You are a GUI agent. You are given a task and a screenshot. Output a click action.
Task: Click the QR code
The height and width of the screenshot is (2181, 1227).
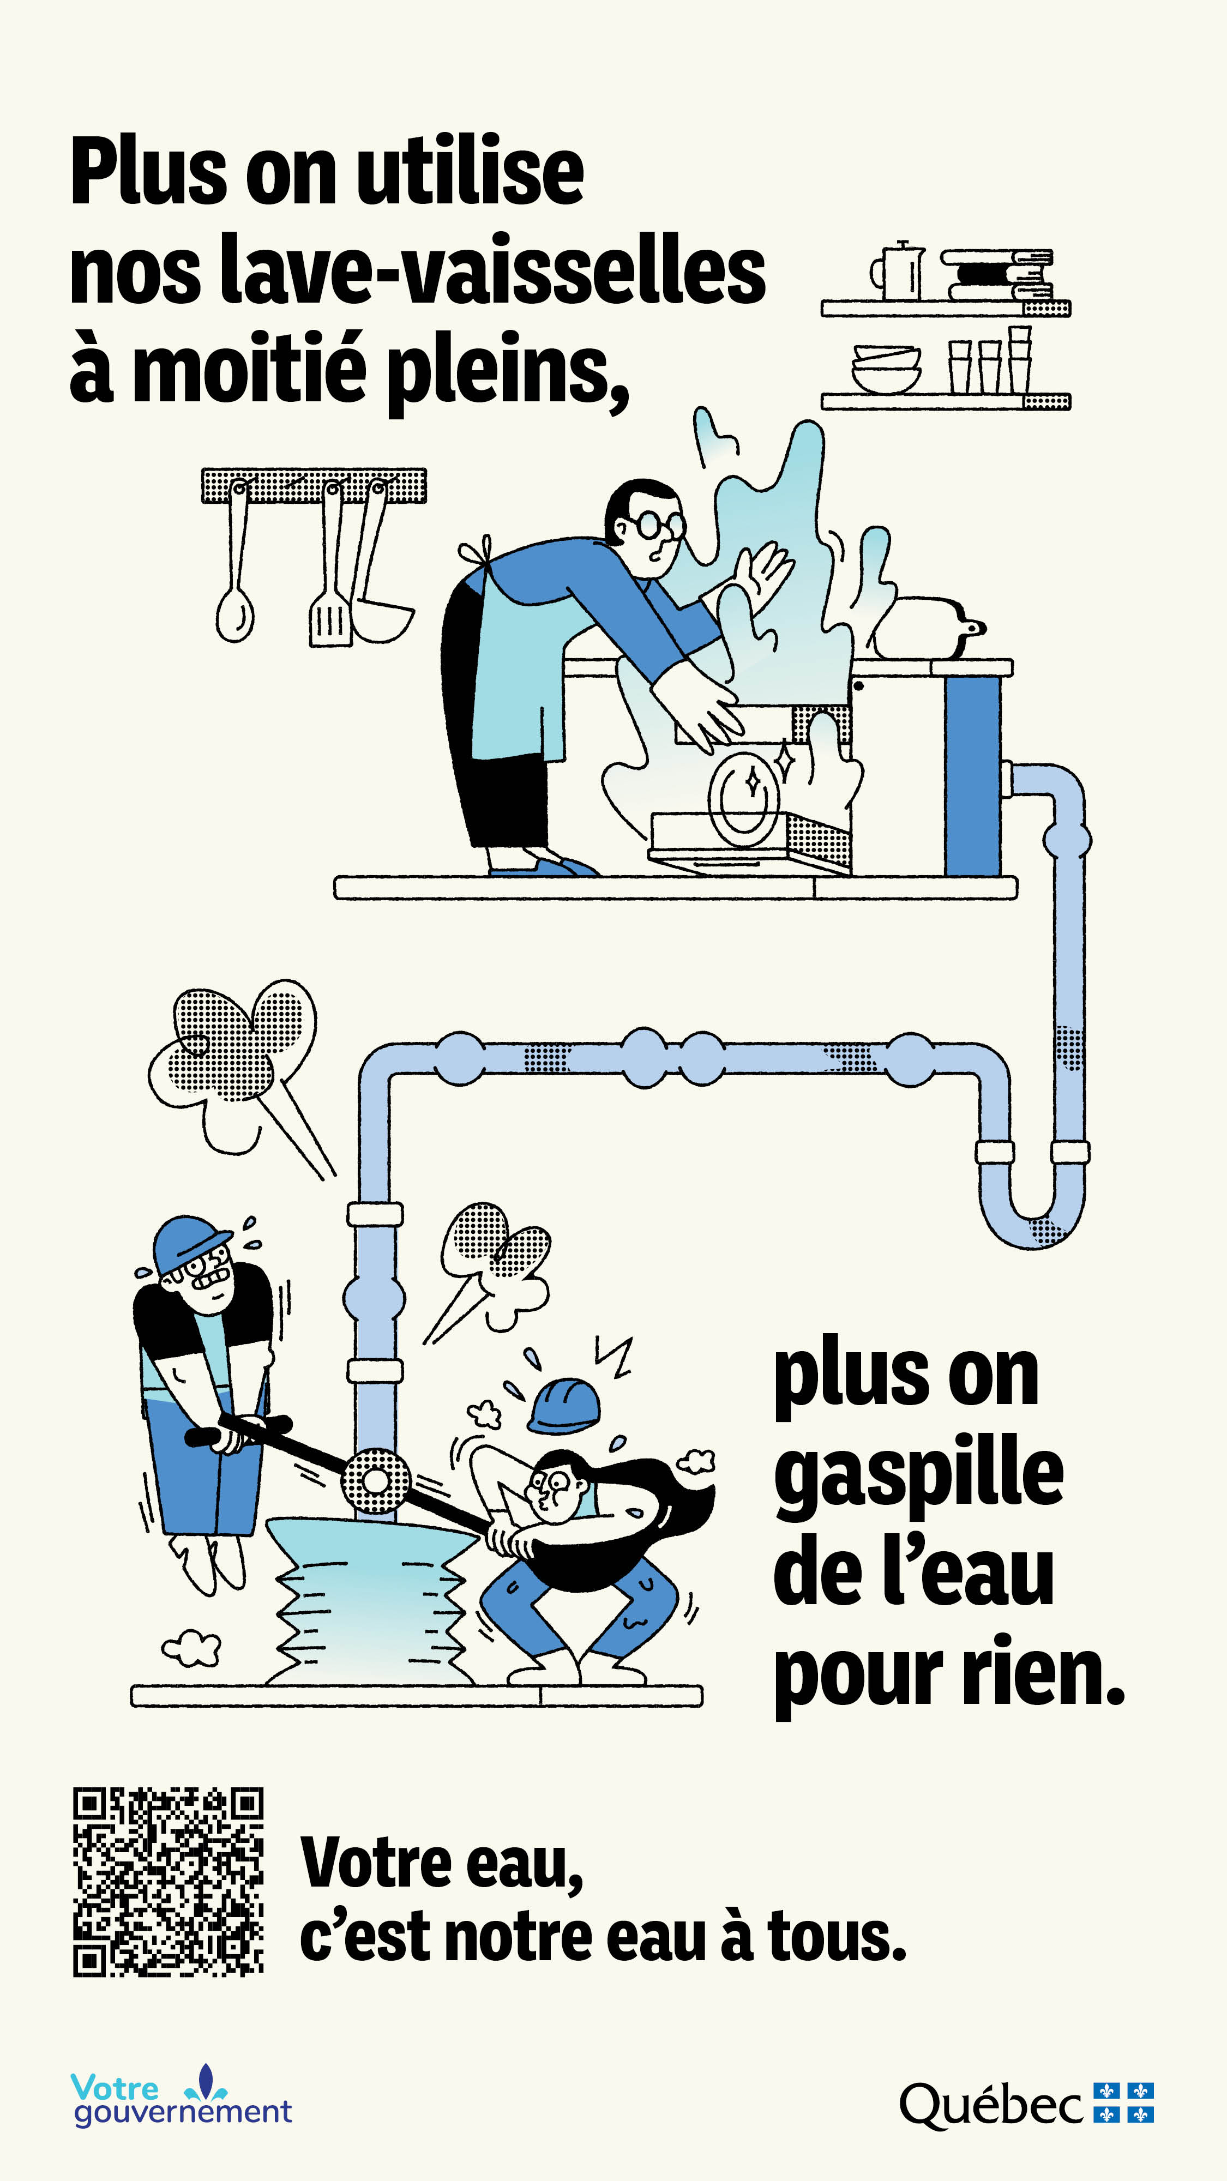point(167,1881)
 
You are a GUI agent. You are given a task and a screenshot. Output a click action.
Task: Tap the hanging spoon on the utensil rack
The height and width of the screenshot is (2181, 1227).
point(234,611)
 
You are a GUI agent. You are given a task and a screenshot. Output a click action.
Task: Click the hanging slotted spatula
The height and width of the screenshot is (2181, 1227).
point(329,622)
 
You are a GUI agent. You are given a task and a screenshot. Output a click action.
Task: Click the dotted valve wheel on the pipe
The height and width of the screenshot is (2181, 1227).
point(375,1481)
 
